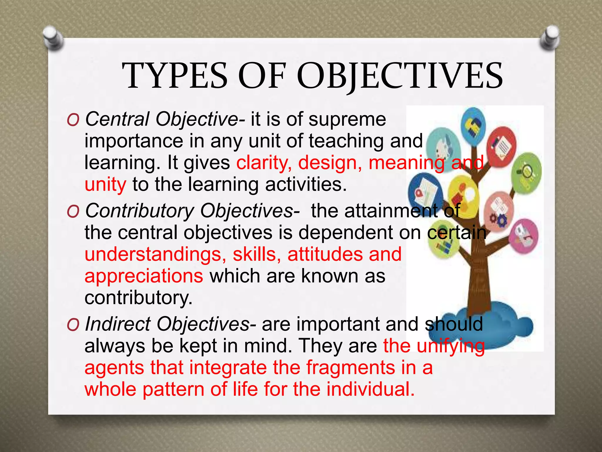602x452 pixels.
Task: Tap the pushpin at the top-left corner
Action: (x=53, y=38)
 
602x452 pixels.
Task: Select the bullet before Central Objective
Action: (x=73, y=120)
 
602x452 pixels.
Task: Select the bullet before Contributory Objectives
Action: (x=73, y=212)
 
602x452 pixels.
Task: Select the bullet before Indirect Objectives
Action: (x=73, y=325)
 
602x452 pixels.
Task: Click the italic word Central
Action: (x=117, y=119)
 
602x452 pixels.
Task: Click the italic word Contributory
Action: (x=139, y=211)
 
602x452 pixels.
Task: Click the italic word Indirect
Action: (x=118, y=324)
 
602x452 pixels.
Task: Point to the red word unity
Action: (x=105, y=185)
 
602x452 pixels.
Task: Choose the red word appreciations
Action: (x=144, y=276)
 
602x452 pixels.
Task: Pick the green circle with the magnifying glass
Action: (x=526, y=172)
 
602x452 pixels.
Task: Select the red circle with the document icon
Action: (x=501, y=146)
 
